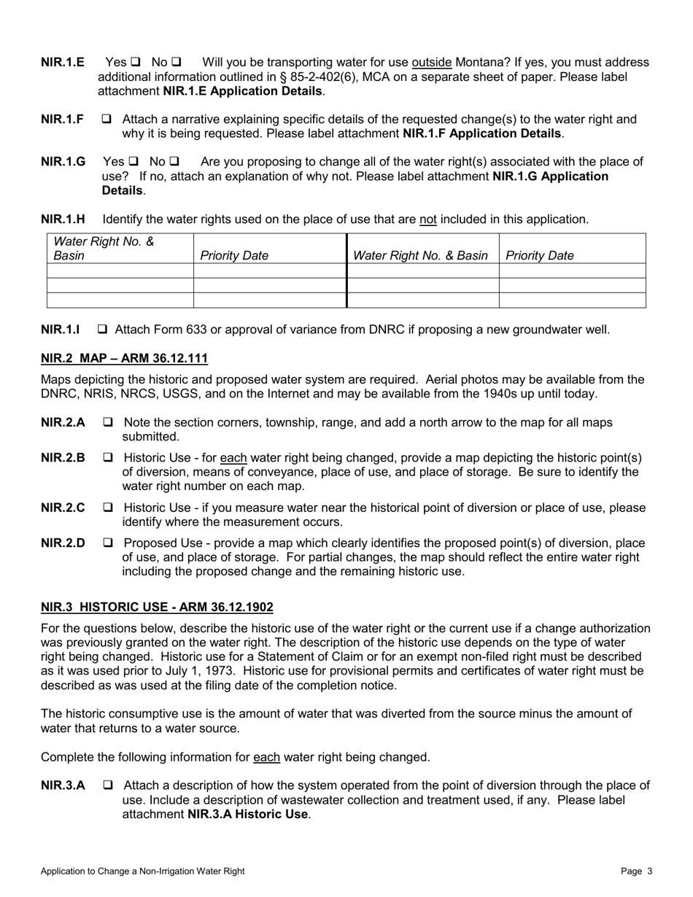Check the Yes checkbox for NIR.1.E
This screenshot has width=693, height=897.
136,63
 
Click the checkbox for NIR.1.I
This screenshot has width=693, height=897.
103,330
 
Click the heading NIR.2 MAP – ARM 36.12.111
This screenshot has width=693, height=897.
124,358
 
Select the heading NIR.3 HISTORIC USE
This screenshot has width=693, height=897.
157,607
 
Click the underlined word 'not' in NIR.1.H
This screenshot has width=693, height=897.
427,219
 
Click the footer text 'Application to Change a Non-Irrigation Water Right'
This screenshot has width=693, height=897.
143,871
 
